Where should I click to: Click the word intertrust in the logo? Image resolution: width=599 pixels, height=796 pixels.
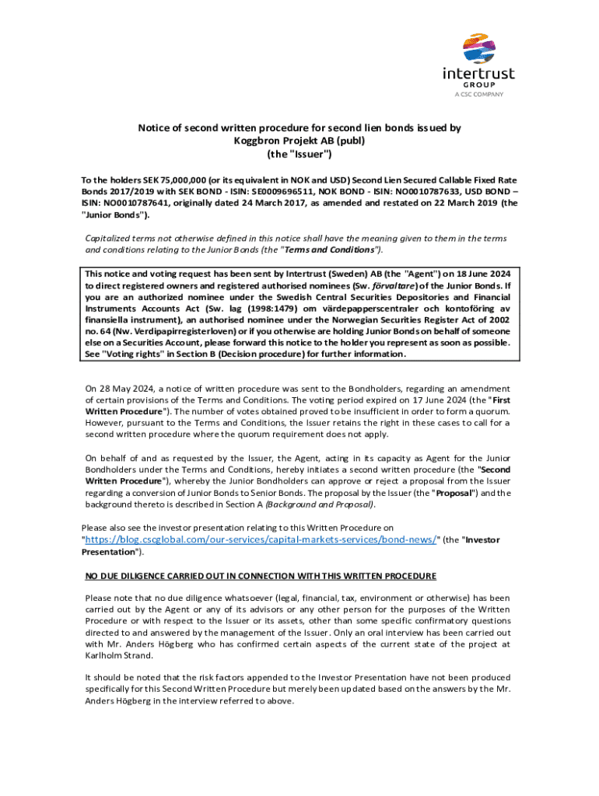click(478, 74)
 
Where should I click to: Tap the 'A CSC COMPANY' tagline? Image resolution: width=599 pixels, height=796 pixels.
click(478, 94)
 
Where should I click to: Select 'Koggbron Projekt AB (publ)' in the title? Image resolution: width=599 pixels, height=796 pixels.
click(299, 141)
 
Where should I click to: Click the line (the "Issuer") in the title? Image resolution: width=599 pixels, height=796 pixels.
click(299, 154)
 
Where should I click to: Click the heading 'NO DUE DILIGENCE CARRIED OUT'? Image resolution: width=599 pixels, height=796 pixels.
click(261, 576)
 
